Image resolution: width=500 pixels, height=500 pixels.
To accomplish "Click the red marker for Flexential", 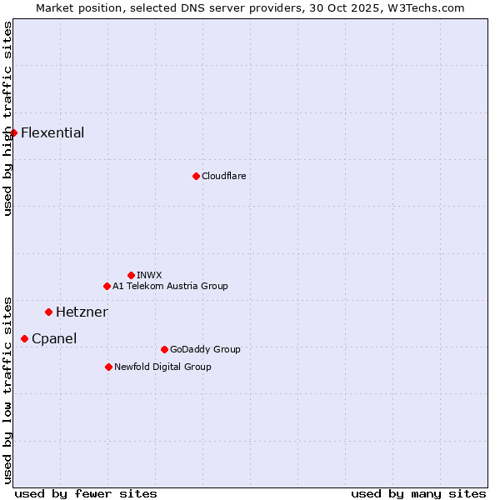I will coord(13,132).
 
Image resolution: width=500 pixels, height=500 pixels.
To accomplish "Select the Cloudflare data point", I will coord(196,176).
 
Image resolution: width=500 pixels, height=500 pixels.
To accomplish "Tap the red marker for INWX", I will coord(131,275).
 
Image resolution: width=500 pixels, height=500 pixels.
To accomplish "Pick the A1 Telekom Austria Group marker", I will coord(107,286).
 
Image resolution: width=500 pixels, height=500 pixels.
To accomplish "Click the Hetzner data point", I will coord(48,312).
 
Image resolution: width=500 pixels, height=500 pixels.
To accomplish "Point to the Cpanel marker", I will coord(24,338).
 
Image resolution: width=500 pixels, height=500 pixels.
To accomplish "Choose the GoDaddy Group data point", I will coord(164,349).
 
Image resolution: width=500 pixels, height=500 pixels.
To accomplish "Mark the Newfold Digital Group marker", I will coord(108,367).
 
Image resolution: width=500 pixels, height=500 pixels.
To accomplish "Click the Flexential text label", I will coord(52,133).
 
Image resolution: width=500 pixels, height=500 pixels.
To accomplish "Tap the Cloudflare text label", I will coord(223,176).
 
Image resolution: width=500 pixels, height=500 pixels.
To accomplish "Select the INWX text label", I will coord(149,275).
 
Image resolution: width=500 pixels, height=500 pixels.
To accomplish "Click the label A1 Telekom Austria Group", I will coord(170,286).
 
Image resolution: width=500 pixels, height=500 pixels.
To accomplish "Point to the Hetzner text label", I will coord(82,312).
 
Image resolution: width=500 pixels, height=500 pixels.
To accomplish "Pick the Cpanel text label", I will coord(54,339).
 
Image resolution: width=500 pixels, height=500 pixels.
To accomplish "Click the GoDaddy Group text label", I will coord(205,349).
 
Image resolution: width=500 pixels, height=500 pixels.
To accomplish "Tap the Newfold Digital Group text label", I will coord(162,367).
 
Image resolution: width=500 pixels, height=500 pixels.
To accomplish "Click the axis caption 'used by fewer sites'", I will coord(86,493).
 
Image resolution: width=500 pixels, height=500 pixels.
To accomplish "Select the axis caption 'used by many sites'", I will coord(418,493).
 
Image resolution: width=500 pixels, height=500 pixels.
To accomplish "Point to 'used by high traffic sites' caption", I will coord(7,118).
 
